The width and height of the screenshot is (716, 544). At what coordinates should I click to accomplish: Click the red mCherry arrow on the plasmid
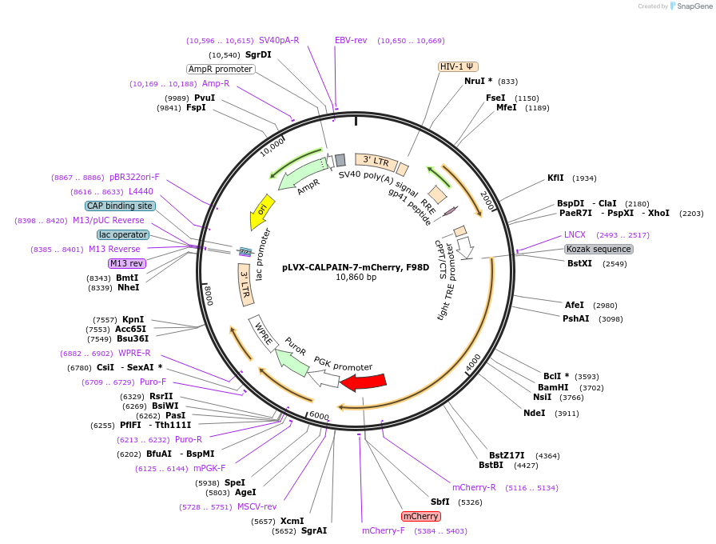pyautogui.click(x=364, y=382)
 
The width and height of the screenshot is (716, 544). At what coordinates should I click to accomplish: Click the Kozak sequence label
pyautogui.click(x=599, y=249)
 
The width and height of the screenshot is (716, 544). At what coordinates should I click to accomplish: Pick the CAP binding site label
pyautogui.click(x=120, y=206)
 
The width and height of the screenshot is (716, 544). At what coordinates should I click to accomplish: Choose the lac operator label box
pyautogui.click(x=123, y=234)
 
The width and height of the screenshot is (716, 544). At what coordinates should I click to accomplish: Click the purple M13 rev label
pyautogui.click(x=127, y=263)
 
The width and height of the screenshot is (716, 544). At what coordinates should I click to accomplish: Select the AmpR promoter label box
pyautogui.click(x=221, y=69)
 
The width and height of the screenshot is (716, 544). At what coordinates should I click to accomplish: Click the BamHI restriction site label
pyautogui.click(x=553, y=387)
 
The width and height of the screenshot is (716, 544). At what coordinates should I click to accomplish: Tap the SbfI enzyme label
pyautogui.click(x=440, y=502)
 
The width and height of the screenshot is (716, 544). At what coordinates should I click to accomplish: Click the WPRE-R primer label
pyautogui.click(x=134, y=353)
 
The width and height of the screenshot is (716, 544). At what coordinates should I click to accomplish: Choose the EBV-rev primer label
pyautogui.click(x=351, y=40)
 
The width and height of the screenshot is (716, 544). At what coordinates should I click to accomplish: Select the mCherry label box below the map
pyautogui.click(x=420, y=516)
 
